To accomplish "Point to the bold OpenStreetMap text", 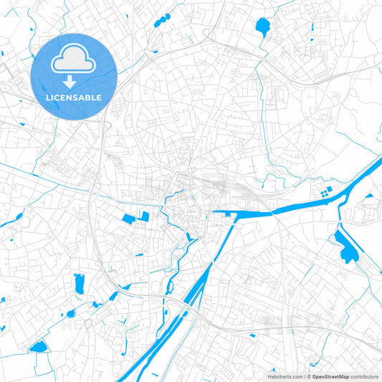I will point(330,376).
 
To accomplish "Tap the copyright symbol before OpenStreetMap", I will point(309,376).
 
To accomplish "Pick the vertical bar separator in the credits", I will point(305,376).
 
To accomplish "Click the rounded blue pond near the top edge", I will point(262,27).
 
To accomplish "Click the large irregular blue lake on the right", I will point(346,247).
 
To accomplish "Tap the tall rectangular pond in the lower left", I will point(79,284).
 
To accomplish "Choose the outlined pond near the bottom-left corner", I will point(37,347).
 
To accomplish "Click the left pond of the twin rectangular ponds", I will point(130,218).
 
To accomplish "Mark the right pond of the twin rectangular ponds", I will point(145,216).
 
